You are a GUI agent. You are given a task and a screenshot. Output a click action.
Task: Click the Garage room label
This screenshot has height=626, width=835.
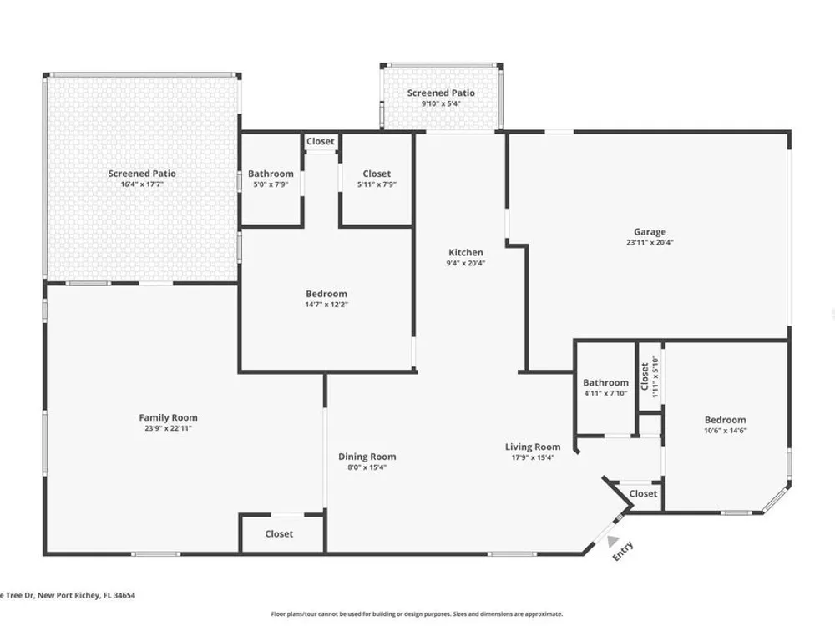[x=650, y=231]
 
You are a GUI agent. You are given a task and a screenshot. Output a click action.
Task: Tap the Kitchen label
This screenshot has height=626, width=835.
[x=466, y=252]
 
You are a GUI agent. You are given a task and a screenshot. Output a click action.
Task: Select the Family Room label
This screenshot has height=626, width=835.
[x=169, y=418]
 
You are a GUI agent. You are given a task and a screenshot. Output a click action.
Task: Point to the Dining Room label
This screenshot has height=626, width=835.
[x=367, y=457]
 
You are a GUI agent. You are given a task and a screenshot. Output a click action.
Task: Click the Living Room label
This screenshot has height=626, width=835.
[x=533, y=447]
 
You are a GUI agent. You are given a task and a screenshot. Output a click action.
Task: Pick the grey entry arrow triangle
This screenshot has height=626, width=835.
[x=613, y=541]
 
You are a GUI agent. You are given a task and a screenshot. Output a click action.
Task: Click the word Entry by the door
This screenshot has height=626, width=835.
[x=623, y=551]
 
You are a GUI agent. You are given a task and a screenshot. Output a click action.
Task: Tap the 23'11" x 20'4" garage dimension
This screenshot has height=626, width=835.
[x=650, y=242]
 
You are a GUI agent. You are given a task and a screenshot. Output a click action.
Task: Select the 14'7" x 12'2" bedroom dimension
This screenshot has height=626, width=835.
[x=326, y=305]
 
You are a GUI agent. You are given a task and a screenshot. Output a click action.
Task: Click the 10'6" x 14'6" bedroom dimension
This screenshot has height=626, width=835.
[x=726, y=431]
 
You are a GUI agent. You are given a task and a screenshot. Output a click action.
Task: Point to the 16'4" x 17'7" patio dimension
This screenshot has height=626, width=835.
[x=142, y=184]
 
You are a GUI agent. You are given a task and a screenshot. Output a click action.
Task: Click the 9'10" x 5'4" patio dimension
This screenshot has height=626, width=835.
[x=441, y=103]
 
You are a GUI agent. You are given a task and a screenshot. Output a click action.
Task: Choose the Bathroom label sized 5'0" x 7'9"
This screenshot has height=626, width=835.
[x=271, y=174]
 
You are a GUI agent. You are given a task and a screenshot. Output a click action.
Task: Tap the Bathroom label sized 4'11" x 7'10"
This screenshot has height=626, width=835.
[x=605, y=383]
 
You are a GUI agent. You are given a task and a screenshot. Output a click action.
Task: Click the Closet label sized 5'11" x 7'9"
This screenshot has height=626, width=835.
[x=377, y=174]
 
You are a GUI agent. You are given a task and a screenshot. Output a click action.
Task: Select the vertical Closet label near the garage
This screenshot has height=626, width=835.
[x=645, y=376]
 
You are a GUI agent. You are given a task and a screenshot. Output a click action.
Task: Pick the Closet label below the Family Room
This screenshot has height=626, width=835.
[x=279, y=534]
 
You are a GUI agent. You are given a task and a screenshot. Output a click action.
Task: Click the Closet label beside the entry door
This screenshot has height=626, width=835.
[x=643, y=494]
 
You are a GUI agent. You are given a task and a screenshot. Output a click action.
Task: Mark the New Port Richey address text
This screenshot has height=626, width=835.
[x=68, y=596]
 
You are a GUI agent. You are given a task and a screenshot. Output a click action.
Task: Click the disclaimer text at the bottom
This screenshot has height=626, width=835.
[x=417, y=614]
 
